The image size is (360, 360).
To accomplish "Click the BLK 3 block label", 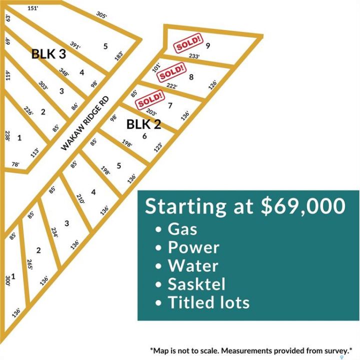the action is pos(48,53).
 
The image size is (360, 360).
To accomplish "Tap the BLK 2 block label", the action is pos(143,124).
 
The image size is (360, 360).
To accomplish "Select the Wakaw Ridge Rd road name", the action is pos(84,123).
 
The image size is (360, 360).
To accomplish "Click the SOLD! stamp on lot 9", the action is pos(189,43).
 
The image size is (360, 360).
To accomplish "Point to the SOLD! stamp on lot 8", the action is pos(171,72).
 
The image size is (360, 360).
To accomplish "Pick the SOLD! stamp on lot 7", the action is pos(150,99).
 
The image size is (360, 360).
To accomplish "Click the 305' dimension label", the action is pos(101,15).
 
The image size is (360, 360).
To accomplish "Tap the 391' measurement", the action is pos(75,45).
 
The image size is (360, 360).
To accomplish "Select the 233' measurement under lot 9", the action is pos(194,56).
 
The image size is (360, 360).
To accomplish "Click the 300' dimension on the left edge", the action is pos(8,280).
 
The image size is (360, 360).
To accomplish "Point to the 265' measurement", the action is pos(30,264).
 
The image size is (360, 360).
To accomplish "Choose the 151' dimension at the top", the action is pos(33,8).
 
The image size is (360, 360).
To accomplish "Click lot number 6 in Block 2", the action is pos(144,136).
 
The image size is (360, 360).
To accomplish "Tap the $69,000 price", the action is pos(303,206).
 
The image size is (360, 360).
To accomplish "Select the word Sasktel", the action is pos(196,284).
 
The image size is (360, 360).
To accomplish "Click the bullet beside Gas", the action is pos(158,229).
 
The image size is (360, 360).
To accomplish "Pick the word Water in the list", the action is pos(193,266).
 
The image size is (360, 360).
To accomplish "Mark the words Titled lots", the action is pos(208,302).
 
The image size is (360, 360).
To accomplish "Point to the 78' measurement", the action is pos(15,164).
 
